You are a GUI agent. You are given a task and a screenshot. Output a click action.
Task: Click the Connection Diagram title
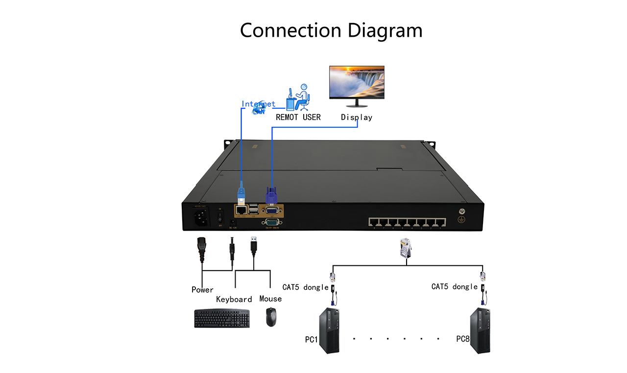[x=331, y=30]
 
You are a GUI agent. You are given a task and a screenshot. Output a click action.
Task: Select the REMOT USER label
[x=298, y=117]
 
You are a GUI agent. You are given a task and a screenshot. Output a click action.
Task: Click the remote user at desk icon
[x=298, y=97]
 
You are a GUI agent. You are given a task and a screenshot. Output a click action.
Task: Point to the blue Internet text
[x=258, y=104]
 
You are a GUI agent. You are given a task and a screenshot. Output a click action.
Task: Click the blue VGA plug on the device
[x=271, y=196]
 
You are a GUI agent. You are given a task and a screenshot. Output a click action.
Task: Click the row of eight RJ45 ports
[x=408, y=221]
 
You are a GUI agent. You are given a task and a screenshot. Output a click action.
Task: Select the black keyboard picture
[x=222, y=318]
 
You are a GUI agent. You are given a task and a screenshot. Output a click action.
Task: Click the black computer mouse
[x=271, y=317]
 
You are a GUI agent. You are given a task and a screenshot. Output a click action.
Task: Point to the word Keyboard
[x=234, y=299]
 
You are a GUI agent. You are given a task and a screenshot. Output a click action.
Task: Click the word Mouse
[x=271, y=299]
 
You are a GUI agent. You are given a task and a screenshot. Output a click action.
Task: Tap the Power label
[x=202, y=290]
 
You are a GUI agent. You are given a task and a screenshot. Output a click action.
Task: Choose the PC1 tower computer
[x=329, y=330]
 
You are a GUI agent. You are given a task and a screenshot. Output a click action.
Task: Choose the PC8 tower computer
[x=480, y=330]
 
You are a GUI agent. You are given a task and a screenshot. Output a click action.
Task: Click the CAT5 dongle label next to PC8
[x=454, y=286]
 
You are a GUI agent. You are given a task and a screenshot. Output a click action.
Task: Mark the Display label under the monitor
[x=357, y=117]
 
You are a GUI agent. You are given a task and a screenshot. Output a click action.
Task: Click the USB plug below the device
[x=254, y=246]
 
